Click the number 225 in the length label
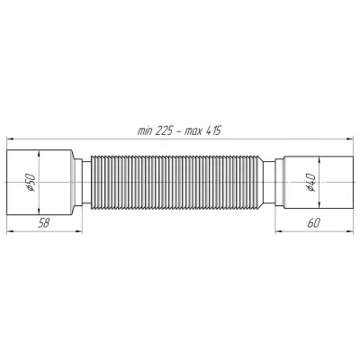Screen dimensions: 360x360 point(164,130)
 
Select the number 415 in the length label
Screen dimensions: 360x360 point(213,130)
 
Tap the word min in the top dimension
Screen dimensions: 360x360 point(145,131)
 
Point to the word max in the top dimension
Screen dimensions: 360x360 point(193,131)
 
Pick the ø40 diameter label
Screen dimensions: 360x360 point(310,183)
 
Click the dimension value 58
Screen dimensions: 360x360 point(43,223)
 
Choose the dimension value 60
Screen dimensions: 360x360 point(313,223)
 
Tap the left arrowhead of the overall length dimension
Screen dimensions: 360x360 point(10,139)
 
